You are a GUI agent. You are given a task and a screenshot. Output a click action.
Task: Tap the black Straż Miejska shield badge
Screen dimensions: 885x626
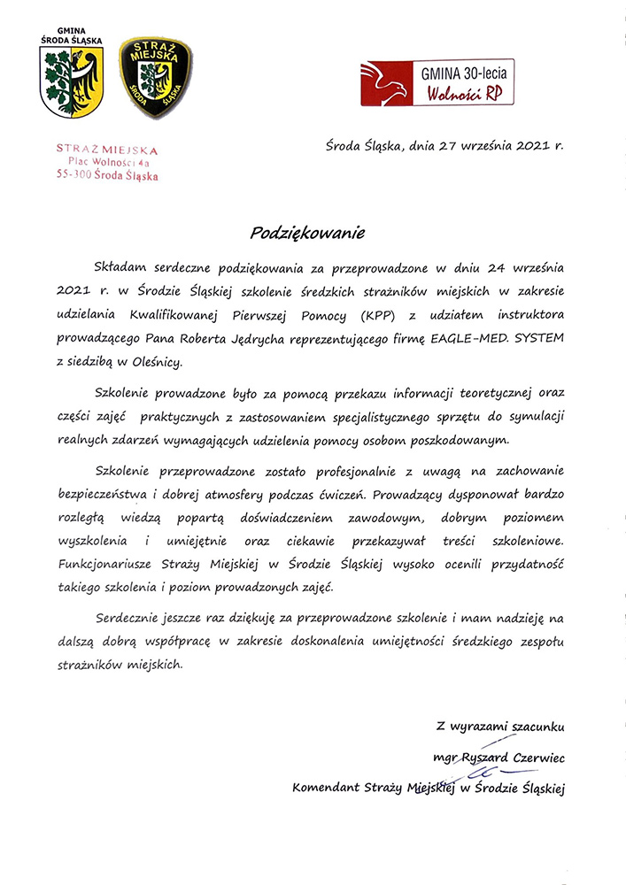[155, 77]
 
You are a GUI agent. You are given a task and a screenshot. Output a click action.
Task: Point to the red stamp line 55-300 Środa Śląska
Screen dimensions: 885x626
[106, 176]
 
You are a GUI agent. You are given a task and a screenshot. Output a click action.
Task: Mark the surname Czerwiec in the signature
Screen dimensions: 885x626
[534, 758]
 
